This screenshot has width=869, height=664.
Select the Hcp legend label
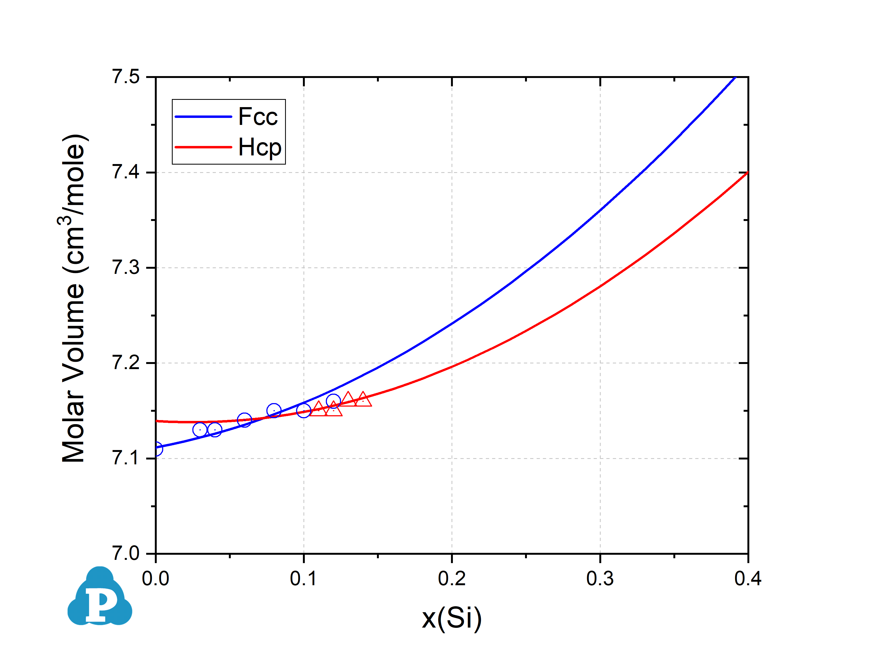[x=260, y=147]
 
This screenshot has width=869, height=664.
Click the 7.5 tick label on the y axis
[x=126, y=77]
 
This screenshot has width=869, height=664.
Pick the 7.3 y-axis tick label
[x=126, y=268]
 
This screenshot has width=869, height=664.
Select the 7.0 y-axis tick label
[x=126, y=553]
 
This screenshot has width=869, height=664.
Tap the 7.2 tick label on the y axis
[x=126, y=363]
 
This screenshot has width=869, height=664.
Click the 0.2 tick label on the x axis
[x=452, y=579]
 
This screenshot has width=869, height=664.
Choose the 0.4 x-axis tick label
[x=747, y=579]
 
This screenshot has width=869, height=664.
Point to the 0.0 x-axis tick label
[x=156, y=579]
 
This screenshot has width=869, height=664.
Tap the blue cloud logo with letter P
[x=100, y=597]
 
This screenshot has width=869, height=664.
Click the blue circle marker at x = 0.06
[x=245, y=420]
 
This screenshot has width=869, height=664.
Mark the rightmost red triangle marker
[x=363, y=400]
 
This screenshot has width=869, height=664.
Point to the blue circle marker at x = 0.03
[x=200, y=430]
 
